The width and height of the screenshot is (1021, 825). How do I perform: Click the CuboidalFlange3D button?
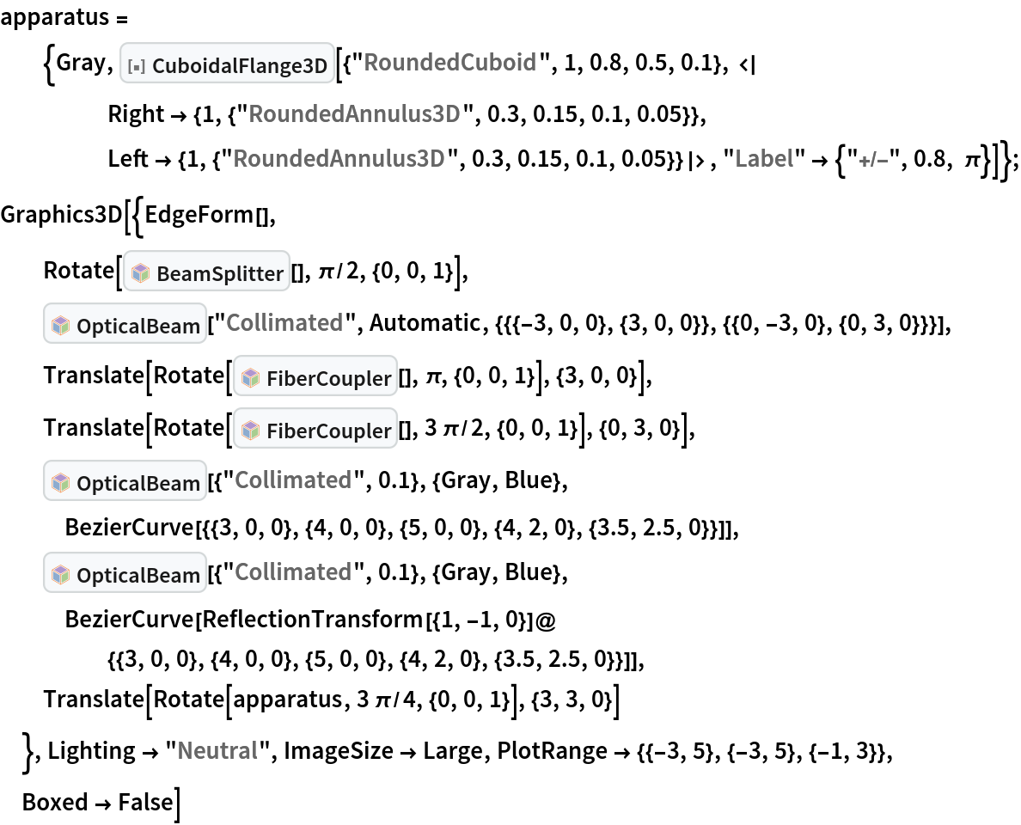[228, 64]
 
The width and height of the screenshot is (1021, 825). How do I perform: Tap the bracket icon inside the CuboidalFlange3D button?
[136, 65]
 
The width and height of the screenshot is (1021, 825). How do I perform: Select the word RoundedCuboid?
[449, 63]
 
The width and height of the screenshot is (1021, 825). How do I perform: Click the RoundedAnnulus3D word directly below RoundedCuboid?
[354, 114]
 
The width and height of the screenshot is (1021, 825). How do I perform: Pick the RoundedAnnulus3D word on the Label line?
[339, 159]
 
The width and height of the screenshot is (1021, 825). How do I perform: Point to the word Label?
[763, 159]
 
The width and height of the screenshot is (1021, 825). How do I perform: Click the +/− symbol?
[872, 161]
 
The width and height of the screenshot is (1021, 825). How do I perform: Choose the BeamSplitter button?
[207, 272]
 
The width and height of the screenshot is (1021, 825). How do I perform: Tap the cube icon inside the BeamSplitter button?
[141, 273]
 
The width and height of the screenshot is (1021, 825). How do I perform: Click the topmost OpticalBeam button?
[125, 325]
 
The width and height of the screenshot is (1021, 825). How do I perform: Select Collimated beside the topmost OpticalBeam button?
[284, 323]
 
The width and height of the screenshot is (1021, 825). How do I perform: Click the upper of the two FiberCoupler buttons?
[315, 377]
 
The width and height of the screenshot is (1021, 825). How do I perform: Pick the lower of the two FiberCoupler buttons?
[315, 430]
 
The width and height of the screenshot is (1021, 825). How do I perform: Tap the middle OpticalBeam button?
[125, 482]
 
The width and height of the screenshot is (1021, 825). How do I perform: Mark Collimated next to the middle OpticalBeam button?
[293, 480]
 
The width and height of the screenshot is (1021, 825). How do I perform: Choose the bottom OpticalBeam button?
[125, 574]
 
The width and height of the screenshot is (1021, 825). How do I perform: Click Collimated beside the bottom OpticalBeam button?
[293, 572]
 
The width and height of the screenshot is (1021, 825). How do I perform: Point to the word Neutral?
[217, 751]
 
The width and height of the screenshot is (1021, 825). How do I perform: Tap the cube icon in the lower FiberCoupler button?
[250, 431]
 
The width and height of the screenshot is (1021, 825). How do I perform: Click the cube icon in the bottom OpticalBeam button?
[60, 575]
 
